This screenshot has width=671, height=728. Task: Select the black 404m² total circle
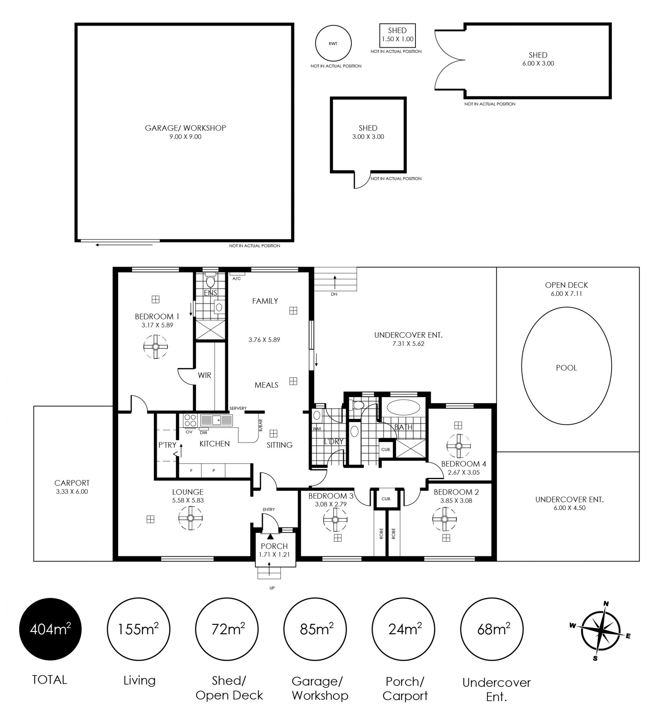(x=50, y=629)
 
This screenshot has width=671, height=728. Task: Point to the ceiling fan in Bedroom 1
(x=156, y=347)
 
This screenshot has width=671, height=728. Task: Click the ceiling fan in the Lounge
(x=190, y=518)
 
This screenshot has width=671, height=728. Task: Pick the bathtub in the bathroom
(x=403, y=407)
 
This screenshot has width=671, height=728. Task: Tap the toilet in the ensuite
(x=210, y=281)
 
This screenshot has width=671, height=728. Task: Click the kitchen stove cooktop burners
(x=190, y=421)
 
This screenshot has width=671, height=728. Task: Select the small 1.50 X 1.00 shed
(x=397, y=35)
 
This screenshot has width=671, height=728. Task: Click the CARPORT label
(x=72, y=483)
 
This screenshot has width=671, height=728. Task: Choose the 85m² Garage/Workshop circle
(x=315, y=629)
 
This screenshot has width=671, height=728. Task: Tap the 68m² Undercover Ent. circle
(x=492, y=629)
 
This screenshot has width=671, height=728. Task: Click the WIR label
(x=204, y=375)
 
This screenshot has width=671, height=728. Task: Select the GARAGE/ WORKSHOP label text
(x=185, y=128)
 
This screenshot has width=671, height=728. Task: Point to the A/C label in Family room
(x=236, y=278)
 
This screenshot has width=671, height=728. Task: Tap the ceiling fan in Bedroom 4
(x=459, y=446)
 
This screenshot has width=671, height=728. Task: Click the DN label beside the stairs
(x=334, y=294)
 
